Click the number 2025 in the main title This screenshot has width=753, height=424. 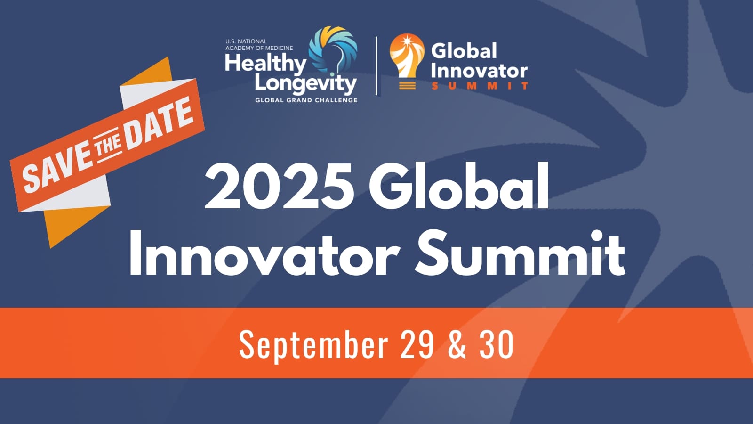point(280,187)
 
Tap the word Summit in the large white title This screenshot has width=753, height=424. point(520,254)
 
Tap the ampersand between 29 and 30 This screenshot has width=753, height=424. point(457,344)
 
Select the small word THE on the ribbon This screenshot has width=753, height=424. point(108,146)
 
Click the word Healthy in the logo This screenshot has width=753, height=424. point(265,63)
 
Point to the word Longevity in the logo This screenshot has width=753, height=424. point(305,83)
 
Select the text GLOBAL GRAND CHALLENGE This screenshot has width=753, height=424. point(306,100)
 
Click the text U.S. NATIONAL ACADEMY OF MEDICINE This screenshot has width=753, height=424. point(259,45)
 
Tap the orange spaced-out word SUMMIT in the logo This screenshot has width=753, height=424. point(480,86)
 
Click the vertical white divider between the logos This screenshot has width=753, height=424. point(376,66)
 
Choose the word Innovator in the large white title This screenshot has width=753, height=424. point(264,254)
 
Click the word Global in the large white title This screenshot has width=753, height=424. point(459,187)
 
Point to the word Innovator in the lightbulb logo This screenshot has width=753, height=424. point(479,71)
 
